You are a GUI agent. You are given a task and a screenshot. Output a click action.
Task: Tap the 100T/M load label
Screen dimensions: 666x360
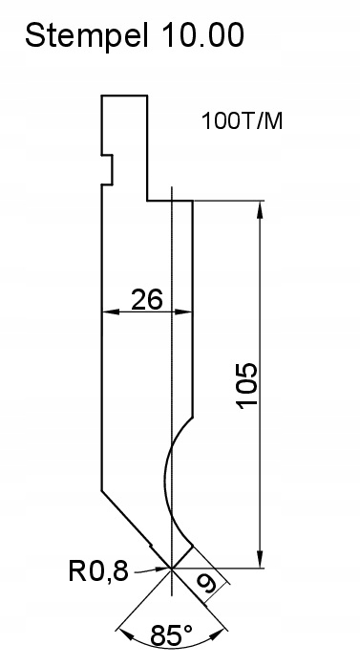click(243, 121)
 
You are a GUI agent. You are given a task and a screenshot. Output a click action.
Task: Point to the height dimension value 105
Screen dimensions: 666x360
click(246, 385)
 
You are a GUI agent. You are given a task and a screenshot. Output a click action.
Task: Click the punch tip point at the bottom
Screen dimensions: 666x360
click(172, 568)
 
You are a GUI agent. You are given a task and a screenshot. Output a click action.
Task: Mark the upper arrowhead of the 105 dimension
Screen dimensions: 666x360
click(260, 207)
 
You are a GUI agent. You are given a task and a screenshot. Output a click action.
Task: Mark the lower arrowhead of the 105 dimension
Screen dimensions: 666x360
click(260, 561)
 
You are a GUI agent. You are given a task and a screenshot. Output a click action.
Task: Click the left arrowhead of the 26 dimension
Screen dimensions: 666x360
click(106, 311)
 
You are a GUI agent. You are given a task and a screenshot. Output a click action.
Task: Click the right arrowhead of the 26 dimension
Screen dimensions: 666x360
click(187, 311)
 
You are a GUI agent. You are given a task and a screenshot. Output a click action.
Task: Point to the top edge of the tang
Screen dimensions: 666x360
click(124, 95)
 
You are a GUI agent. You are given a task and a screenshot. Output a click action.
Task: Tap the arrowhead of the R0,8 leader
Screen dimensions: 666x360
click(163, 569)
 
